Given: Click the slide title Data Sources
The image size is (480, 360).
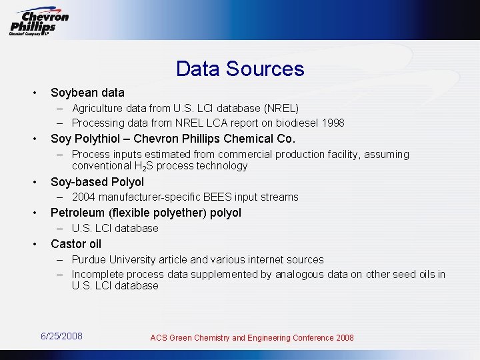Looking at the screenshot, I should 240,69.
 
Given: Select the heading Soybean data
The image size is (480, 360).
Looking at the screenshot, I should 87,93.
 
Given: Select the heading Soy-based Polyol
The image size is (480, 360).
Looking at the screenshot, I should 97,182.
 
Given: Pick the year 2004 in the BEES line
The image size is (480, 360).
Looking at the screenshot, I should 83,197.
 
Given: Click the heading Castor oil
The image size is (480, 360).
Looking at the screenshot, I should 76,244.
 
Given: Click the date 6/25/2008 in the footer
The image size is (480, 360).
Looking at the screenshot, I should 62,336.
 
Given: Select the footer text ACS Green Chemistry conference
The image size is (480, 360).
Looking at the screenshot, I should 252,338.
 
